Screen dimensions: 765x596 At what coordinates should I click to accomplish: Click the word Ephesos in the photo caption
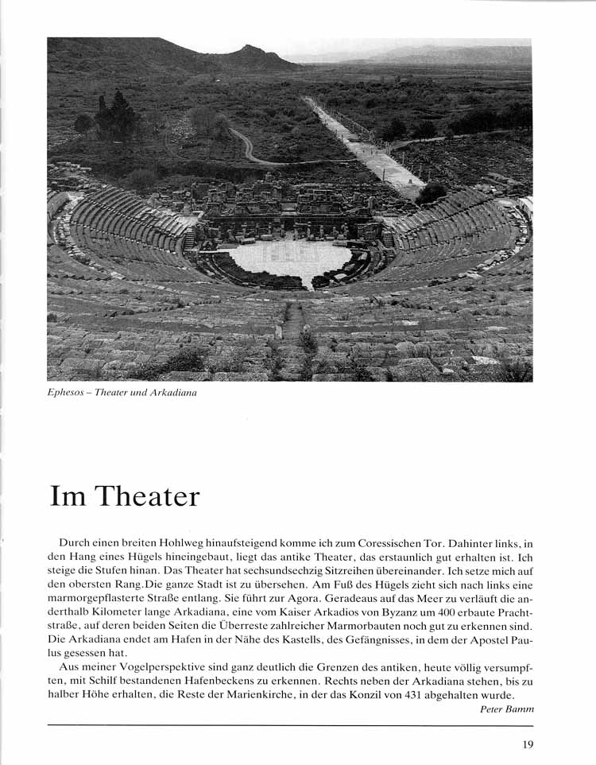[x=66, y=394]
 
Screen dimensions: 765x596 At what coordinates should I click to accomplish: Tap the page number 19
[x=527, y=745]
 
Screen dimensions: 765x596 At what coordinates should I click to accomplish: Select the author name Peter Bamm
[x=507, y=709]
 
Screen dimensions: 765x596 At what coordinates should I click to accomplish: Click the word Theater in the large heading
[x=147, y=496]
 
